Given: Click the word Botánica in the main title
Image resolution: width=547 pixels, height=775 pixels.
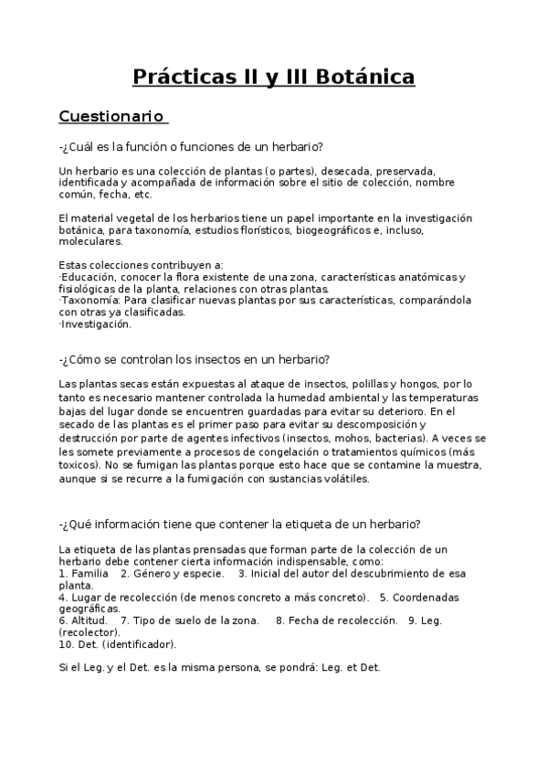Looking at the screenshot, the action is click(x=365, y=77).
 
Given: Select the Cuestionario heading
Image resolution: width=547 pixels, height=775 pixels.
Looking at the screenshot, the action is click(x=110, y=116).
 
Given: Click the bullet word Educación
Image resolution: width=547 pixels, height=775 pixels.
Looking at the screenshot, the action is click(x=87, y=277).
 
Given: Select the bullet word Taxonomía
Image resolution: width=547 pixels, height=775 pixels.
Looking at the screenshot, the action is click(x=89, y=300).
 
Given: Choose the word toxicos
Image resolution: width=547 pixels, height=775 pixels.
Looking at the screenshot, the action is click(x=79, y=466).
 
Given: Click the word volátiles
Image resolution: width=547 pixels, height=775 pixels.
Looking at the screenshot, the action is click(x=344, y=478).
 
